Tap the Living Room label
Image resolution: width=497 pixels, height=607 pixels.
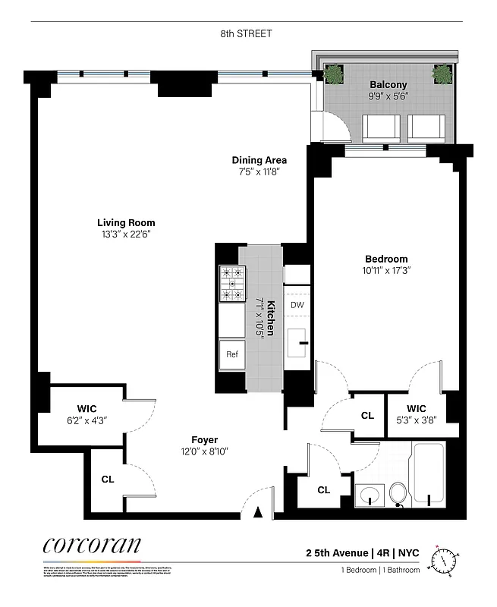coord(126,223)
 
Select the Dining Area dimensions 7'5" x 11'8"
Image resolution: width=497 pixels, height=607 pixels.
coord(259,172)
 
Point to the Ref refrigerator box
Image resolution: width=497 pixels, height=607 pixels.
coord(231,353)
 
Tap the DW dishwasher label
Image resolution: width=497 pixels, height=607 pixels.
coord(297,305)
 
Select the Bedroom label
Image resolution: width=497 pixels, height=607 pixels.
coord(385,259)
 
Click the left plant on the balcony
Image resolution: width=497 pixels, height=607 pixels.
coord(333,74)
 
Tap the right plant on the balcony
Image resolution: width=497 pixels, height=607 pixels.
coord(442,74)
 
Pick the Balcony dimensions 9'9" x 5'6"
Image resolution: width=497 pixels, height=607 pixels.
coord(388,97)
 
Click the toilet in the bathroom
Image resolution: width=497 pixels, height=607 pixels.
coord(398,495)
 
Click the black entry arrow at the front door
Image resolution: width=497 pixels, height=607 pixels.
coord(258,513)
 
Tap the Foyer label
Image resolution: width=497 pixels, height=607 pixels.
coord(205,440)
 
